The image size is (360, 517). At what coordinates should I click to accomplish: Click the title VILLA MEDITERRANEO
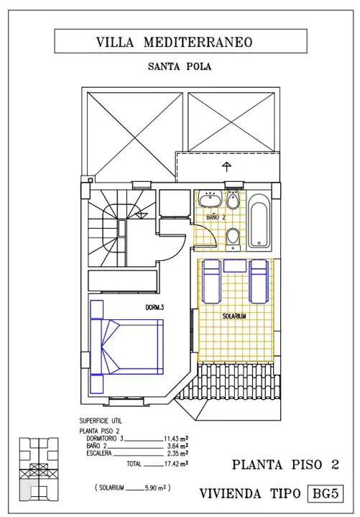tap(174, 42)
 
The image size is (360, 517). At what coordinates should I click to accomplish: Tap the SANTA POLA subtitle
tap(180, 67)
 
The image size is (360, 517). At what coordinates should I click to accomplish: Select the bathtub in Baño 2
tap(259, 221)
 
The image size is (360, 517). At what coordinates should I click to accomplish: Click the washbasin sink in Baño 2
tap(210, 199)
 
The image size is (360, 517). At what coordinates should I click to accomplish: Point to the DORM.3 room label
tap(154, 308)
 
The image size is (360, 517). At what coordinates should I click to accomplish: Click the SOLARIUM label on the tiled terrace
tap(234, 316)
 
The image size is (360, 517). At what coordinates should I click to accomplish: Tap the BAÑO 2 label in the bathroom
tap(216, 217)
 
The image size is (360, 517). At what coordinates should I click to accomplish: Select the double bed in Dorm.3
tap(126, 347)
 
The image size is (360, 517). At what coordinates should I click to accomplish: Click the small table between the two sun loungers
tap(235, 266)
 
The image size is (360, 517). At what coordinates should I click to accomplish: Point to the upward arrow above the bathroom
tap(226, 167)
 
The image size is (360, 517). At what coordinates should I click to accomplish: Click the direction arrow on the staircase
tap(142, 215)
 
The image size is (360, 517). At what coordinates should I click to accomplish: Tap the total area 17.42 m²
tap(176, 464)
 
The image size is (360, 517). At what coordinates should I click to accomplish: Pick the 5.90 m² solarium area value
tap(155, 488)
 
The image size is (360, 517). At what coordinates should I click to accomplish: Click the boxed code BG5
tap(326, 493)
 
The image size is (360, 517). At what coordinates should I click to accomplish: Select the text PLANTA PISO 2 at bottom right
tap(285, 465)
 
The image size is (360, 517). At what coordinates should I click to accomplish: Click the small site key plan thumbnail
tap(39, 470)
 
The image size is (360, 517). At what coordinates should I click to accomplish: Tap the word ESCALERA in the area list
tap(99, 454)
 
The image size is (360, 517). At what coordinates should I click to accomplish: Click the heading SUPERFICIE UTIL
tap(101, 421)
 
